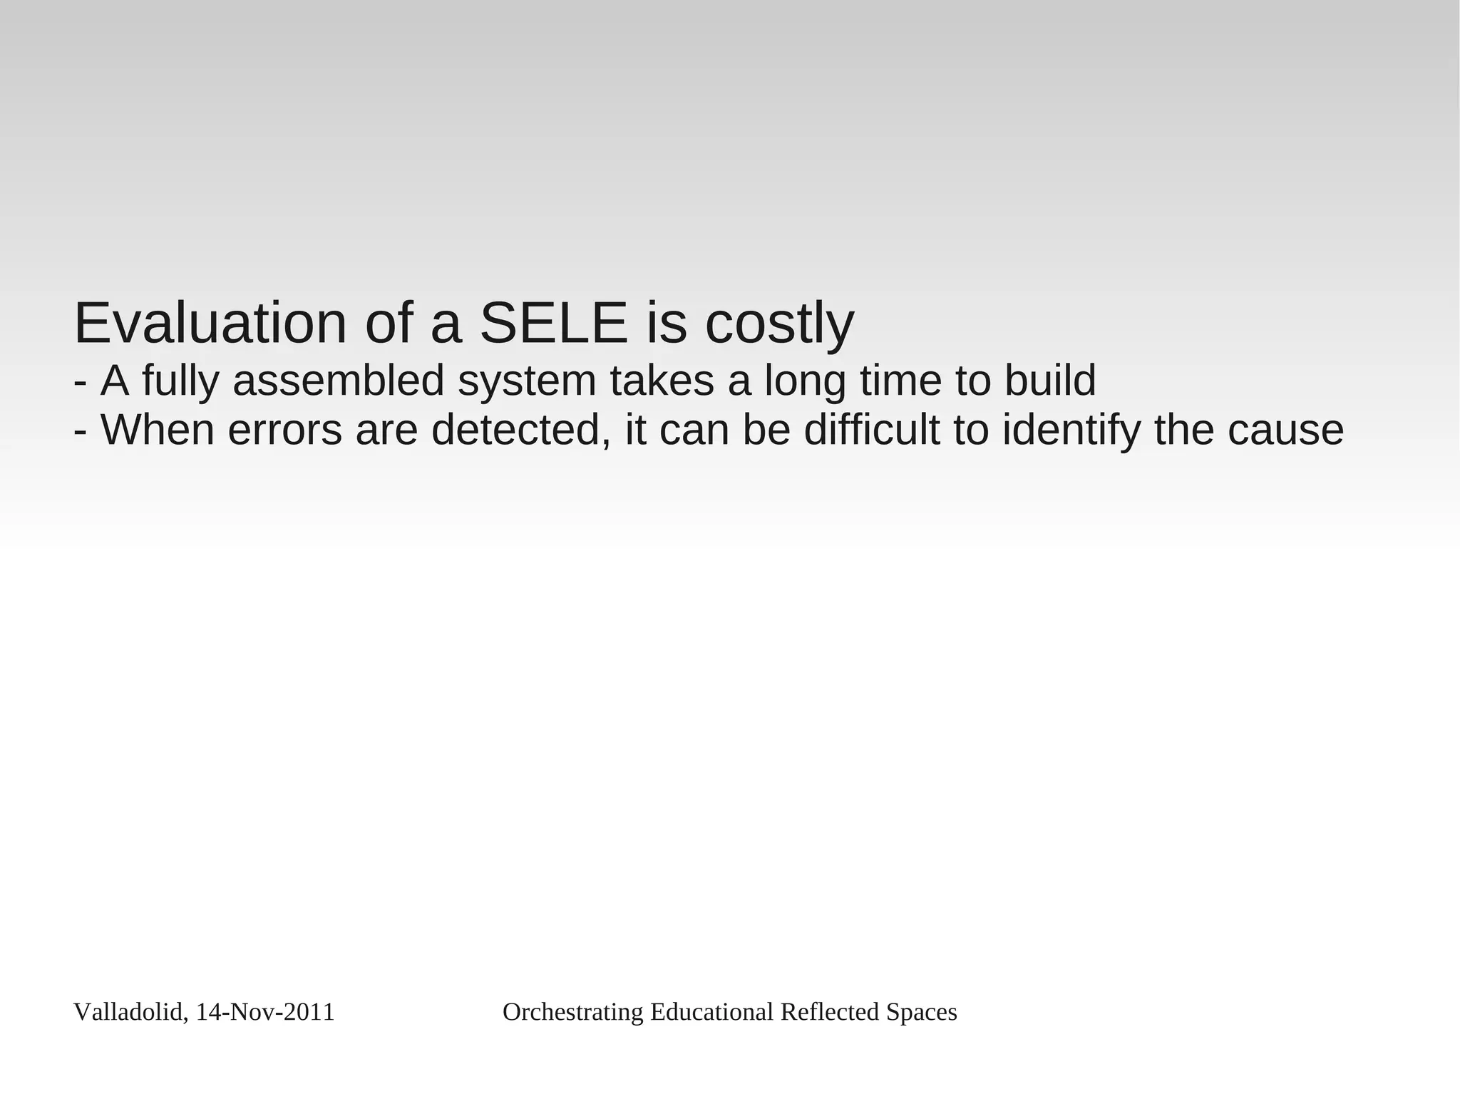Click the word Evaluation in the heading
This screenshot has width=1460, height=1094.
(x=210, y=324)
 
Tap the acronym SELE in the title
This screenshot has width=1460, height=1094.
(x=553, y=324)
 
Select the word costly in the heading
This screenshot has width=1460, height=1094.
(x=779, y=325)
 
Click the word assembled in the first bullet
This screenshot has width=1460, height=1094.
(x=339, y=381)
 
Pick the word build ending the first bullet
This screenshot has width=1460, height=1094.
(x=1050, y=381)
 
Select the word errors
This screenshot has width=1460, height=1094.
(x=285, y=431)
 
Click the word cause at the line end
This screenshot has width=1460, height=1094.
(x=1286, y=431)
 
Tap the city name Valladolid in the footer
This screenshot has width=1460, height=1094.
(x=130, y=1012)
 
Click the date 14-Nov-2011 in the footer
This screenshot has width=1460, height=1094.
(x=265, y=1012)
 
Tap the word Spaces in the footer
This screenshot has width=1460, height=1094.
(x=921, y=1012)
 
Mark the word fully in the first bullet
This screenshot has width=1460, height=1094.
(x=180, y=382)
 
